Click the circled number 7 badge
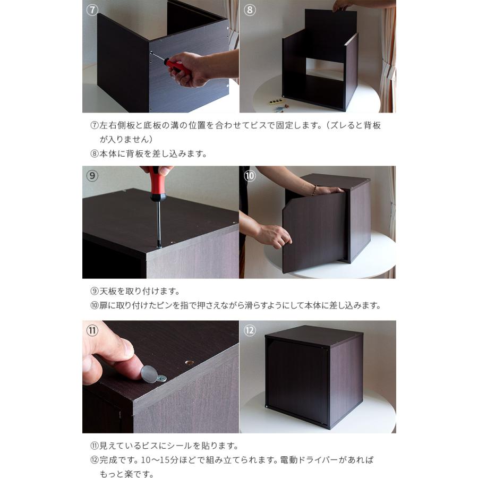coord(92,10)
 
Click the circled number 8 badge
coord(250,10)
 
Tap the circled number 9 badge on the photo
coord(92,175)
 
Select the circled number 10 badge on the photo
coord(250,175)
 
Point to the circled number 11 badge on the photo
coord(92,330)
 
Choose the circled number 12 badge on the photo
coord(250,330)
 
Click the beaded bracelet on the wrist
coord(314,189)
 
